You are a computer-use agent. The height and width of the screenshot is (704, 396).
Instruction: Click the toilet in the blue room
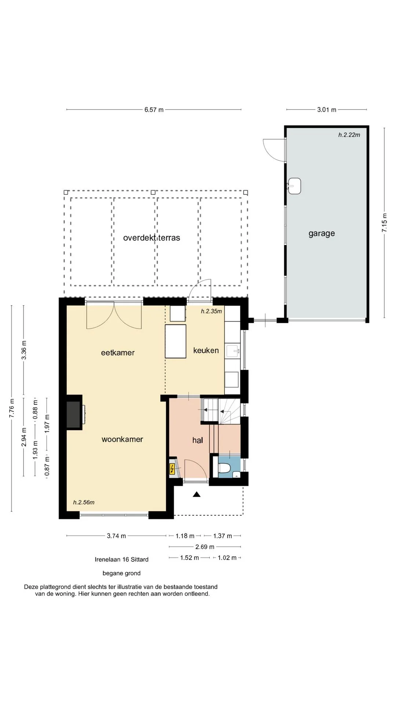[x=224, y=468]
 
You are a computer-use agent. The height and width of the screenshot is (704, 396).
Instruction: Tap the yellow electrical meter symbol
[x=172, y=469]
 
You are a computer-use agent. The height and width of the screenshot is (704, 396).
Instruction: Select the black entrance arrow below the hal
[x=197, y=494]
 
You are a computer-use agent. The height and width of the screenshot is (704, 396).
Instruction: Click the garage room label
[x=322, y=234]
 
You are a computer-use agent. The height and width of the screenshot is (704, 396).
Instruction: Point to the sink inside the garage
[x=294, y=186]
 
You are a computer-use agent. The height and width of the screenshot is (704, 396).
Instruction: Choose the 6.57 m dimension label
[x=154, y=110]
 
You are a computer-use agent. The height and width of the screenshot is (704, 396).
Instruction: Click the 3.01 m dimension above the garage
[x=327, y=110]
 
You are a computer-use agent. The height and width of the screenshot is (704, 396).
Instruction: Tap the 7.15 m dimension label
[x=384, y=223]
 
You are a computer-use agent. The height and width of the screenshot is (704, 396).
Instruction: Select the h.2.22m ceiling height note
[x=349, y=135]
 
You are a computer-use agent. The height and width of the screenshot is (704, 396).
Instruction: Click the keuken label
[x=206, y=351]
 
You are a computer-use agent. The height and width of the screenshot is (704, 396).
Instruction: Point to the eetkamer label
[x=118, y=353]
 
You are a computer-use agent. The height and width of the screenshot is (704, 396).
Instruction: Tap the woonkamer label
[x=122, y=439]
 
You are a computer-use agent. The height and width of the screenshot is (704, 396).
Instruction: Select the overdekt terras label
[x=151, y=238]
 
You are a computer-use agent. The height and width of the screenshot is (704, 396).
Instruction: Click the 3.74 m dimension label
[x=116, y=536]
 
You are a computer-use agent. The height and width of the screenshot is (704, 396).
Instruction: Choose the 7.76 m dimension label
[x=12, y=408]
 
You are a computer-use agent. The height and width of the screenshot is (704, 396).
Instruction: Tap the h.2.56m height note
[x=84, y=502]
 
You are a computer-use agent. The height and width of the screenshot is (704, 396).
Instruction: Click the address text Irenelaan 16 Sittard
[x=122, y=560]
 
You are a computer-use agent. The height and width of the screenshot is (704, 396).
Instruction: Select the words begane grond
[x=121, y=573]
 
